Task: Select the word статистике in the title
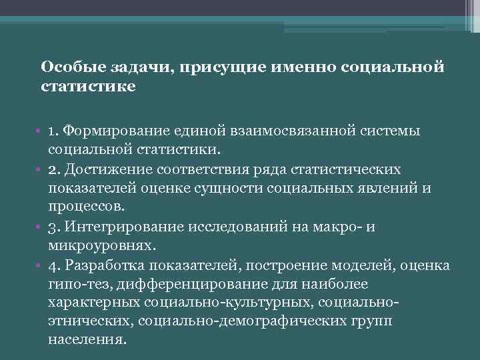click(88, 87)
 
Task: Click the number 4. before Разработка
click(55, 265)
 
